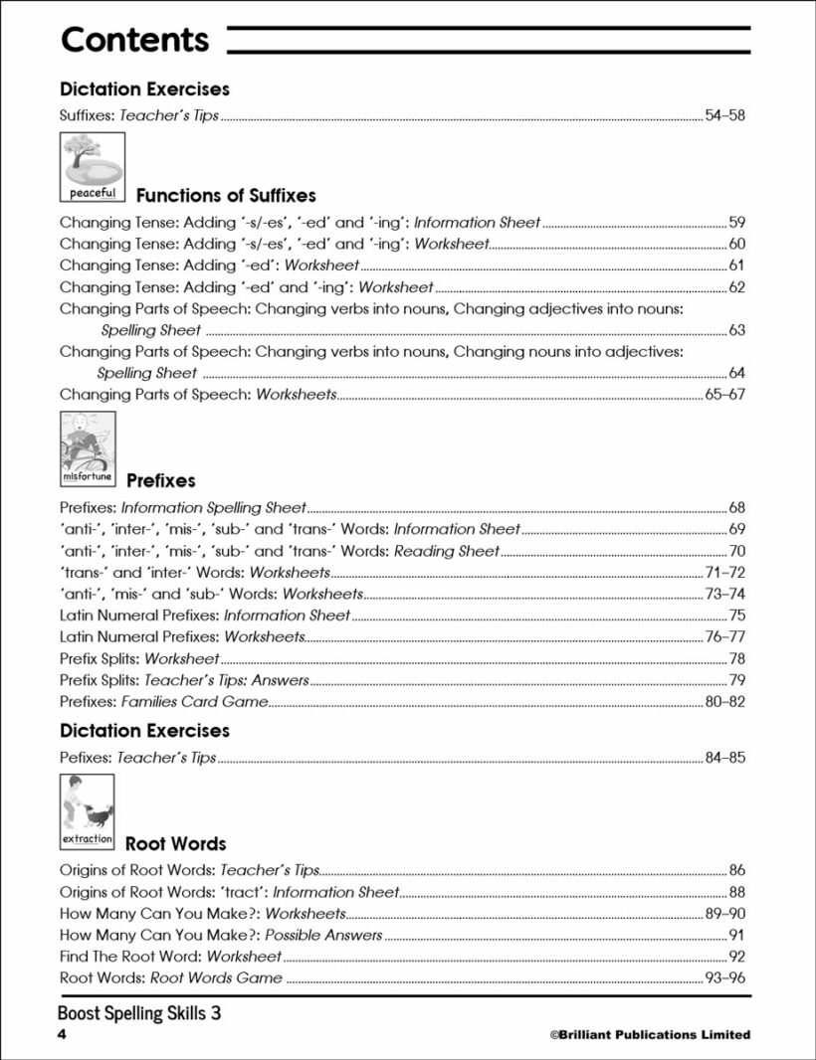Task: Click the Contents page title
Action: click(134, 40)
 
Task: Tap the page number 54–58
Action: click(724, 115)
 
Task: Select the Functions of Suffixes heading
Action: click(226, 195)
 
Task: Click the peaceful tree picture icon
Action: click(93, 167)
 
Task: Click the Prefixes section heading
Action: click(161, 480)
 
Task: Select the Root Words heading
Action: click(175, 844)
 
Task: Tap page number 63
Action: click(736, 330)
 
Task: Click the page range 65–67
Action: click(724, 395)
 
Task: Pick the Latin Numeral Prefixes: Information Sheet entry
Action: click(205, 616)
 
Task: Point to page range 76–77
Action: click(724, 636)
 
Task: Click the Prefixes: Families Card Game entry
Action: click(163, 702)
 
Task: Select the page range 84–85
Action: click(724, 758)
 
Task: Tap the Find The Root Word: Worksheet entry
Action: click(170, 957)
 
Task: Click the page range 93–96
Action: click(724, 978)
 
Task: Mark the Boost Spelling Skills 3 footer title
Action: click(139, 1013)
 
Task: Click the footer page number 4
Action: click(62, 1035)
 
